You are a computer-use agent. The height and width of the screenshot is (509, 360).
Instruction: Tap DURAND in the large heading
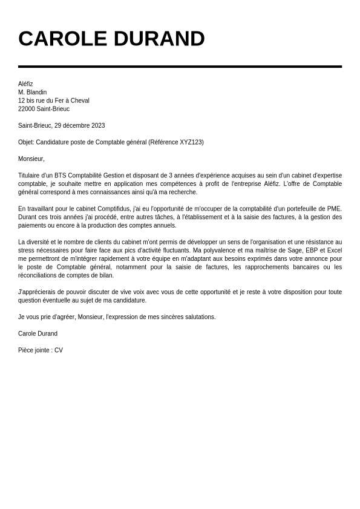pos(159,39)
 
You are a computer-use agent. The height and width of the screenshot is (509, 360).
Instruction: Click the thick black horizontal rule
pos(180,66)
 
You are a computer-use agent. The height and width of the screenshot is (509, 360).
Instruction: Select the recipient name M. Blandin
pos(32,92)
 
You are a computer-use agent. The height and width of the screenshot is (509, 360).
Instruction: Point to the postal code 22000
pos(27,109)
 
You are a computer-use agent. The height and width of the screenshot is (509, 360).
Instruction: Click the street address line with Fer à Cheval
pos(54,100)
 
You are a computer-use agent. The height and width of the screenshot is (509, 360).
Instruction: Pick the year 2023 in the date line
pos(98,126)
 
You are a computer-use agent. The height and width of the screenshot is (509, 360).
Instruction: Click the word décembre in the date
pos(77,126)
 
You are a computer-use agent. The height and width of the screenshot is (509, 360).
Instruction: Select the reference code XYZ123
pos(190,142)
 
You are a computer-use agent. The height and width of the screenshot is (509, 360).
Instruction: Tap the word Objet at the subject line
pos(25,142)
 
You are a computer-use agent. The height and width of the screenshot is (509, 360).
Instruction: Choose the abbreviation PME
pos(334,209)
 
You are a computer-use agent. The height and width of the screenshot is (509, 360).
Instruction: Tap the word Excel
pos(335,250)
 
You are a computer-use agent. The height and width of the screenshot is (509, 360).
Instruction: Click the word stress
pos(27,250)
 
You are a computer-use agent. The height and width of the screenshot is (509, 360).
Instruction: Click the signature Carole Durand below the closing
pos(38,333)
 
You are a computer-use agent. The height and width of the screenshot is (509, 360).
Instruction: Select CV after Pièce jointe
pos(58,350)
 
